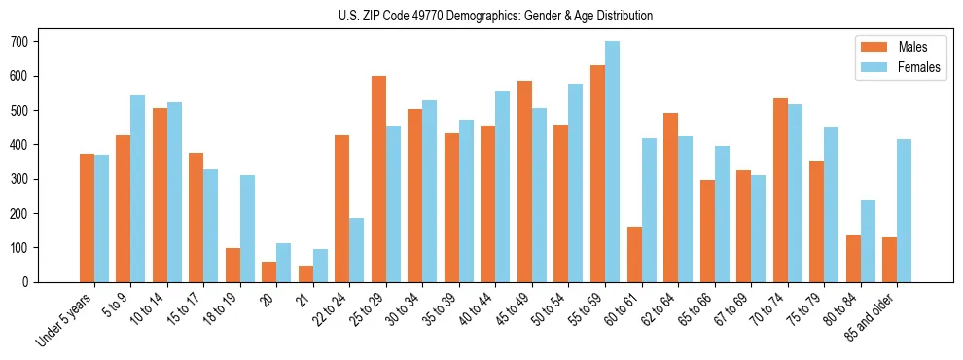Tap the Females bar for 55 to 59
click(612, 162)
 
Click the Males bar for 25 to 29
click(378, 179)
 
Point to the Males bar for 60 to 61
click(634, 254)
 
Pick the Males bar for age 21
click(305, 273)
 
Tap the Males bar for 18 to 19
click(232, 265)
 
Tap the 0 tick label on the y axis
click(29, 282)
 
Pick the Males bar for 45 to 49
click(524, 181)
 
